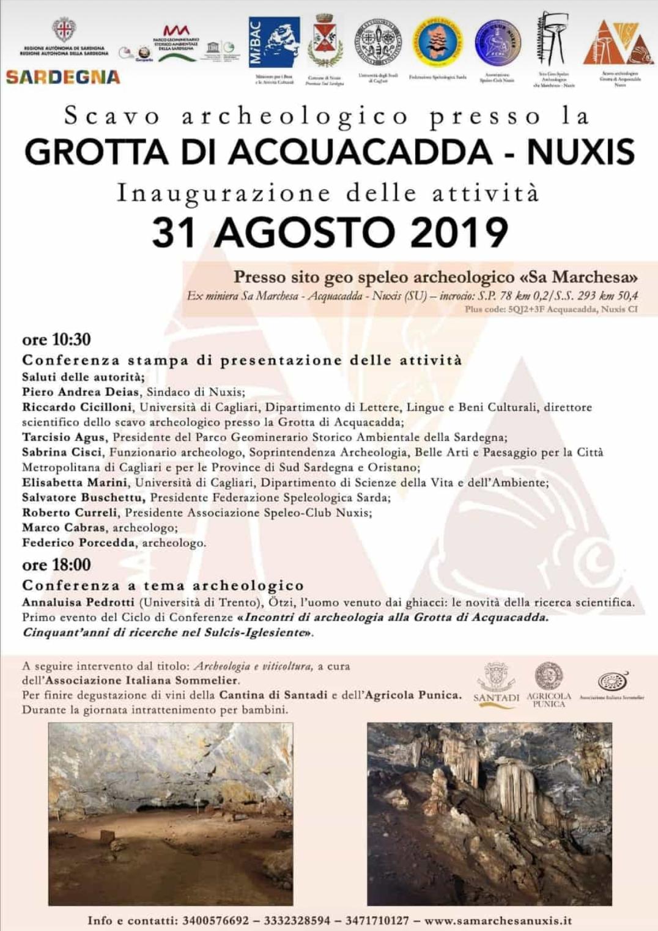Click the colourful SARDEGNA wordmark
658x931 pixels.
pyautogui.click(x=63, y=77)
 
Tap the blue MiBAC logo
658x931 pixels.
pyautogui.click(x=274, y=42)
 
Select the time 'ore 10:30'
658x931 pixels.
pyautogui.click(x=56, y=340)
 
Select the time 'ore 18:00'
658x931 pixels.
pyautogui.click(x=56, y=564)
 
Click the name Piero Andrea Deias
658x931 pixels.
pyautogui.click(x=80, y=392)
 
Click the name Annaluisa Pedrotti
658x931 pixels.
pyautogui.click(x=78, y=602)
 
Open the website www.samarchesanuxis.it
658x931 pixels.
pyautogui.click(x=498, y=921)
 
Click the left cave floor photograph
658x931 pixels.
pyautogui.click(x=171, y=813)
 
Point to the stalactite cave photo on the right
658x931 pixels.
pyautogui.click(x=489, y=813)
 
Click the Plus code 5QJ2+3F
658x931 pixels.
pyautogui.click(x=527, y=309)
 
